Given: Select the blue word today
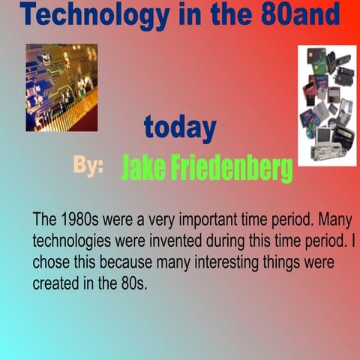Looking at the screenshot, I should [180, 128].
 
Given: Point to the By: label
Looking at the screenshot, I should [88, 166].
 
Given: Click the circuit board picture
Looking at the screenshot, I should [61, 88].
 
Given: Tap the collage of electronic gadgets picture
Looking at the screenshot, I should [327, 105].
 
